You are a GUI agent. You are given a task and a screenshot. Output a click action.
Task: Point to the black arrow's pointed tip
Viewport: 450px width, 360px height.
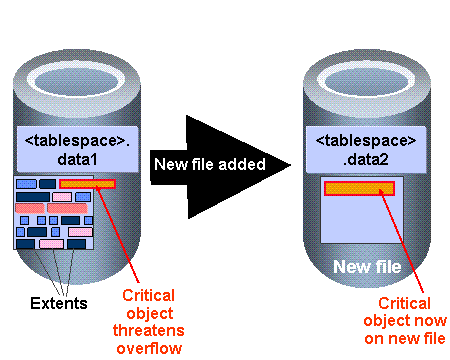291,164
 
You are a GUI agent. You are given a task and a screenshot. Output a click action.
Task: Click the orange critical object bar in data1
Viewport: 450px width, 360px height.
87,184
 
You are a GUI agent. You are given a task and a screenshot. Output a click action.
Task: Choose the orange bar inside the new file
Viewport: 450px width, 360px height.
359,188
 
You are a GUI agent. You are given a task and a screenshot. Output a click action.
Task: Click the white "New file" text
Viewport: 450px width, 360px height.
367,267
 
